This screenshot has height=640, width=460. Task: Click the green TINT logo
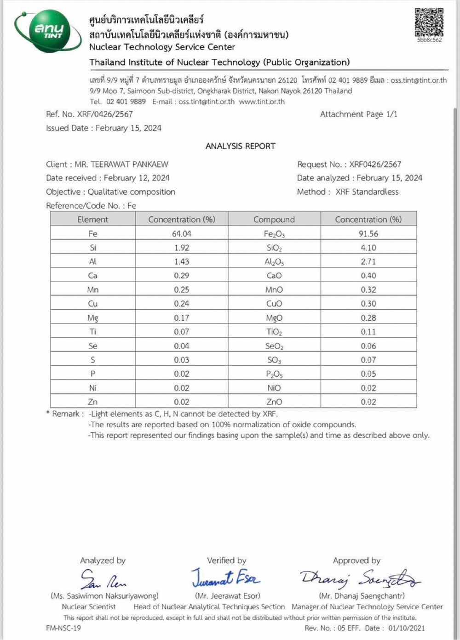point(47,31)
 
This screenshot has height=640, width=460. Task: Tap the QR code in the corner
point(429,23)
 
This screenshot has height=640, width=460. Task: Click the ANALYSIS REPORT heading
point(240,146)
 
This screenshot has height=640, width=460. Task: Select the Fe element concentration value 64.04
point(182,234)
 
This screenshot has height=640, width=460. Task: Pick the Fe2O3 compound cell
point(274,234)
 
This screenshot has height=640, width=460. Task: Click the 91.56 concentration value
point(368,234)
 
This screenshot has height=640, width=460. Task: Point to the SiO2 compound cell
point(274,248)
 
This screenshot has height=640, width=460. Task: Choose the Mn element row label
point(93,290)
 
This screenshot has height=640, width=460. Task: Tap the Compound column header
point(274,220)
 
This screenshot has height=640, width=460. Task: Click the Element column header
point(93,220)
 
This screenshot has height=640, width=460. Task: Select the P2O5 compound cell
point(274,374)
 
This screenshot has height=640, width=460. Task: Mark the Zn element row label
point(93,402)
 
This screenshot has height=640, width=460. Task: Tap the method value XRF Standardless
point(367,192)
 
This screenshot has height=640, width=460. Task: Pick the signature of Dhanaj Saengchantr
point(359,578)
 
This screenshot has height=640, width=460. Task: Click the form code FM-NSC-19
point(63,628)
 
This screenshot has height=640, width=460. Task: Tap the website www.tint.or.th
point(262,102)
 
